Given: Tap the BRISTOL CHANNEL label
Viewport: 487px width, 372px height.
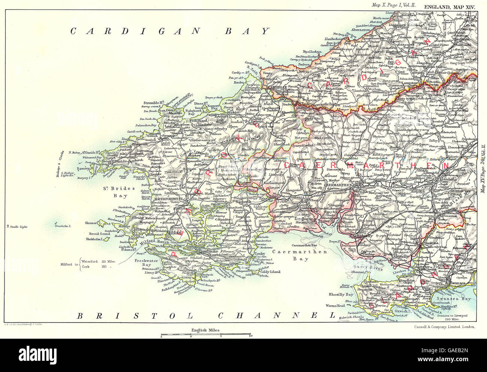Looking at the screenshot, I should pos(206,315).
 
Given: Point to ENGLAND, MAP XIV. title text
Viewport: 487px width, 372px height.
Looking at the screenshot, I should pos(449,6).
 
